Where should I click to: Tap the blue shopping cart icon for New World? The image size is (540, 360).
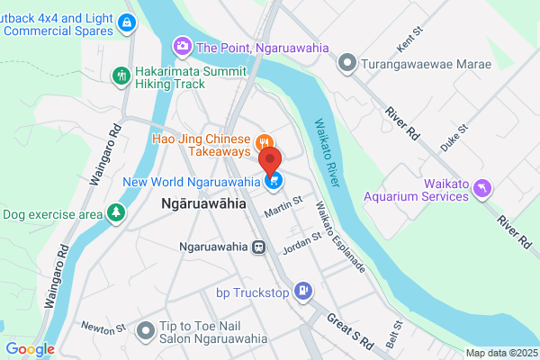(275, 181)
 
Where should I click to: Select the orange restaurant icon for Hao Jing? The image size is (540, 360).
(264, 140)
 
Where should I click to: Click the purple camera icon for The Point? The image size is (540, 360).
(183, 46)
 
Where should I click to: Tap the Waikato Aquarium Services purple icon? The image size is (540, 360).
(483, 186)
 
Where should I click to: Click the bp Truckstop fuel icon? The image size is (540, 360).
(303, 291)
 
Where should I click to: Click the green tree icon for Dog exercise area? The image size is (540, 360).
(114, 213)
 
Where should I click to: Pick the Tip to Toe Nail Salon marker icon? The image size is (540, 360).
(145, 332)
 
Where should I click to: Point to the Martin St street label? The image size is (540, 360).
(284, 210)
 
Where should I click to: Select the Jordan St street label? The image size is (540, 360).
(302, 242)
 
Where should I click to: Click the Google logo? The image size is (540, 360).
(30, 349)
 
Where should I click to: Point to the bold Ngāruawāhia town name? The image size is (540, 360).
(202, 204)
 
